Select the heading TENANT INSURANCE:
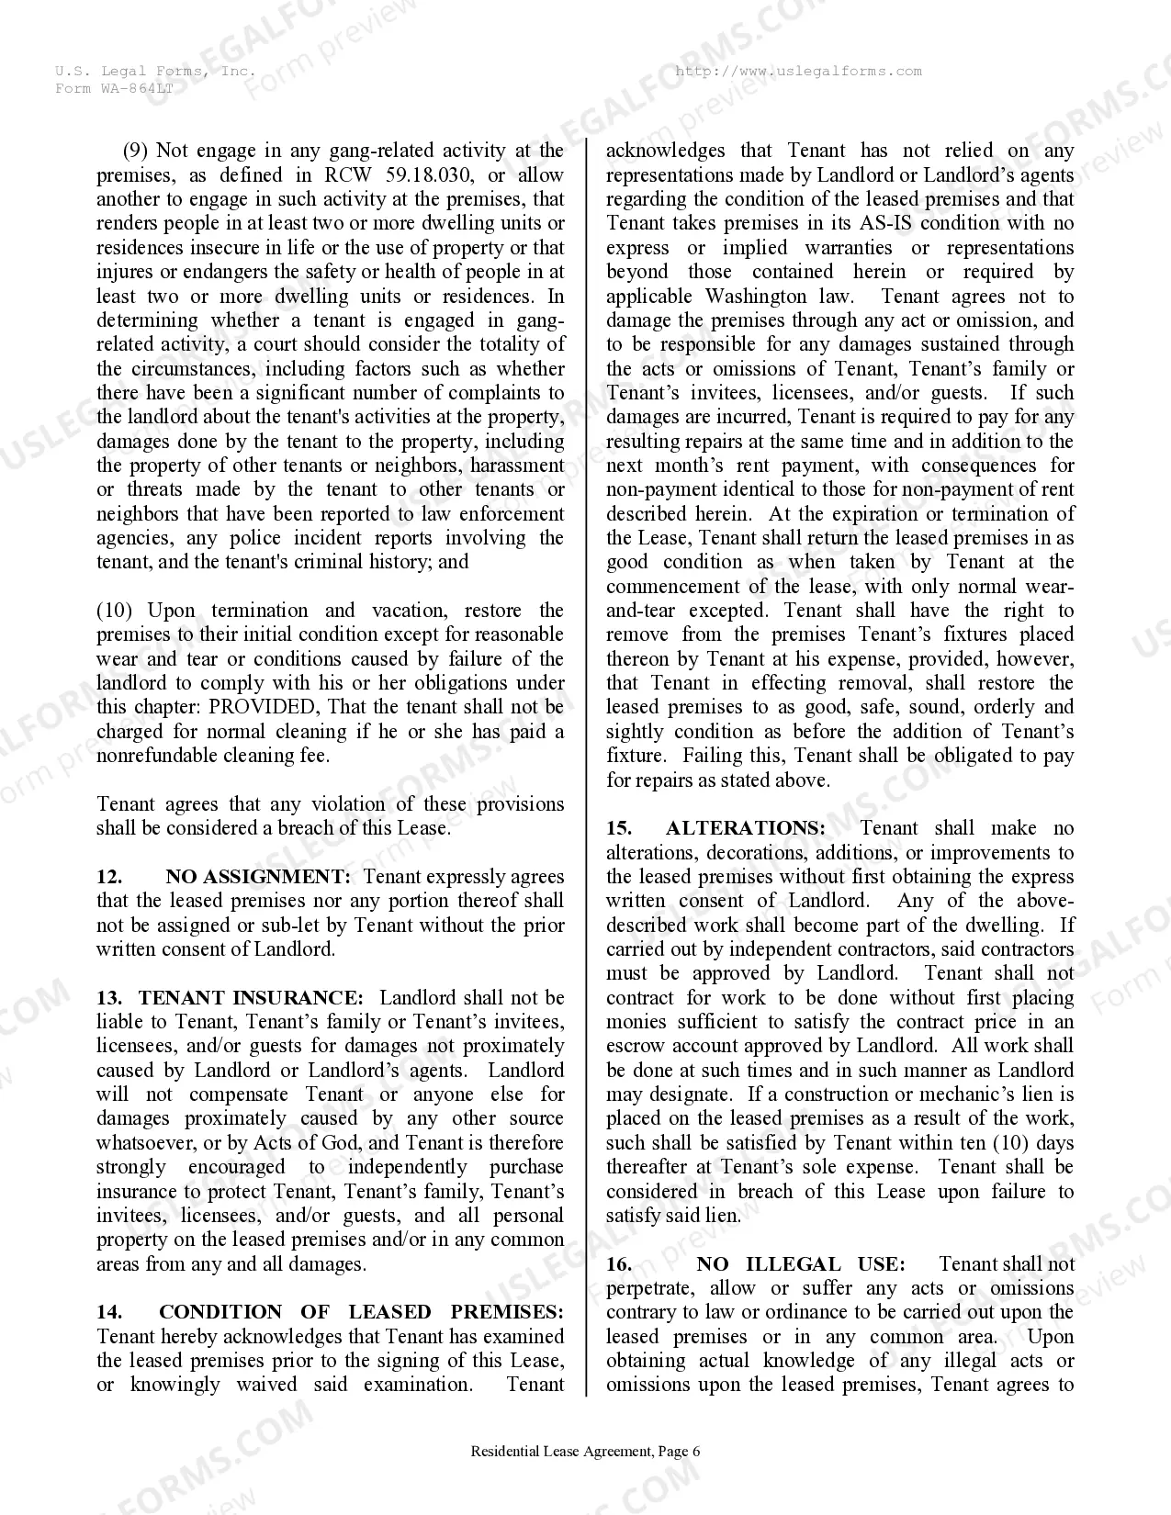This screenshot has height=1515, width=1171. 251,998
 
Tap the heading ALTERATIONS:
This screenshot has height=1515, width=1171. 745,828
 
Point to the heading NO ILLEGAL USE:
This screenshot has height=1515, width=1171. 800,1264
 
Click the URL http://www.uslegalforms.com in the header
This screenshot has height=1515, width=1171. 797,72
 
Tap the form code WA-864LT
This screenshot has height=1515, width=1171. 136,88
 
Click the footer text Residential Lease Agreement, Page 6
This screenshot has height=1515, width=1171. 585,1452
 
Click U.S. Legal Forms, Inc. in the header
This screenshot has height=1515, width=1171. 153,72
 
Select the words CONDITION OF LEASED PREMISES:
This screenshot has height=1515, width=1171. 361,1312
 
